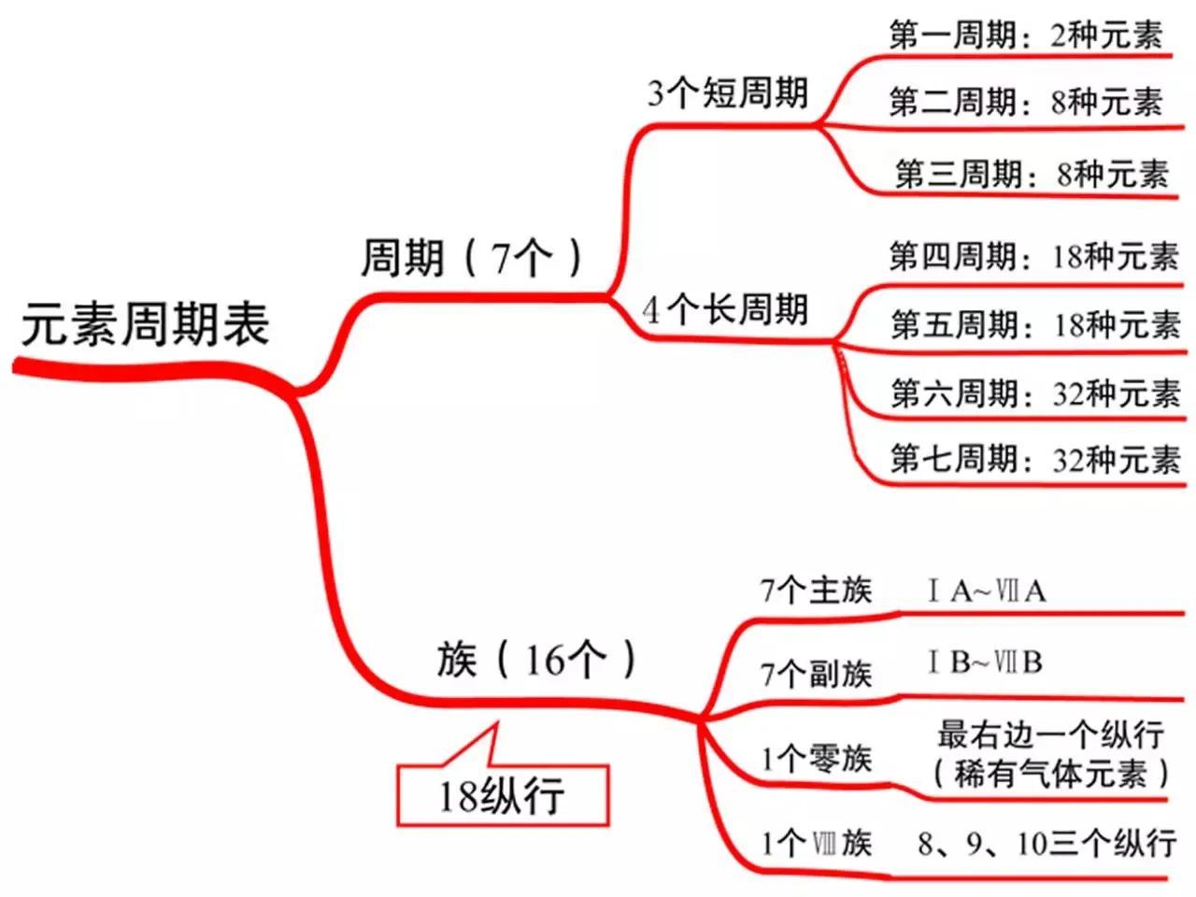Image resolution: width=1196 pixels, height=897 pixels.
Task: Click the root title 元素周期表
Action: [x=146, y=324]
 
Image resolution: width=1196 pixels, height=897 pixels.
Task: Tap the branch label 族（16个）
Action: [x=536, y=659]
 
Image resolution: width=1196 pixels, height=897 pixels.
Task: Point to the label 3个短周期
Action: [x=727, y=93]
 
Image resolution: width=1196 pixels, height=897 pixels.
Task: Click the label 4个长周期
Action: [x=725, y=309]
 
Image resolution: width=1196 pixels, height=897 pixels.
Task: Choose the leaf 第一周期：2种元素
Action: [x=1026, y=35]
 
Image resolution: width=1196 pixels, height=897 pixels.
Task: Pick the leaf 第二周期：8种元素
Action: [x=1026, y=102]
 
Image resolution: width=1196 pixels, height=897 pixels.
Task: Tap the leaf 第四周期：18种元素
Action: [x=1034, y=256]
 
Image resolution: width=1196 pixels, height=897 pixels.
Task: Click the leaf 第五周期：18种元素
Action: [x=1036, y=324]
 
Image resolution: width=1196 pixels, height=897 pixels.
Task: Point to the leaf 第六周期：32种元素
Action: [x=1036, y=392]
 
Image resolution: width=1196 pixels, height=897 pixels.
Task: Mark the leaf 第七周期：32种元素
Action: [x=1036, y=459]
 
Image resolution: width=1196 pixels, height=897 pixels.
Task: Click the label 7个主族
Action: [x=817, y=590]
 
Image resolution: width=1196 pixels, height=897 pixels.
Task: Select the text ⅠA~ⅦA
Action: [x=987, y=591]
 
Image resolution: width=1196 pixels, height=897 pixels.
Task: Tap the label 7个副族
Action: [x=817, y=675]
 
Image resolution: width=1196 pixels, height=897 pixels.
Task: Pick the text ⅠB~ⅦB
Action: [x=985, y=662]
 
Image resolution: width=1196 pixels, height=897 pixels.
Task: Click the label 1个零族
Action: [x=817, y=758]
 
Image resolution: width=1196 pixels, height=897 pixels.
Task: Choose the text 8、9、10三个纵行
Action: [x=1046, y=844]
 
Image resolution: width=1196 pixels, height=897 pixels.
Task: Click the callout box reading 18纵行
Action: [x=503, y=796]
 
